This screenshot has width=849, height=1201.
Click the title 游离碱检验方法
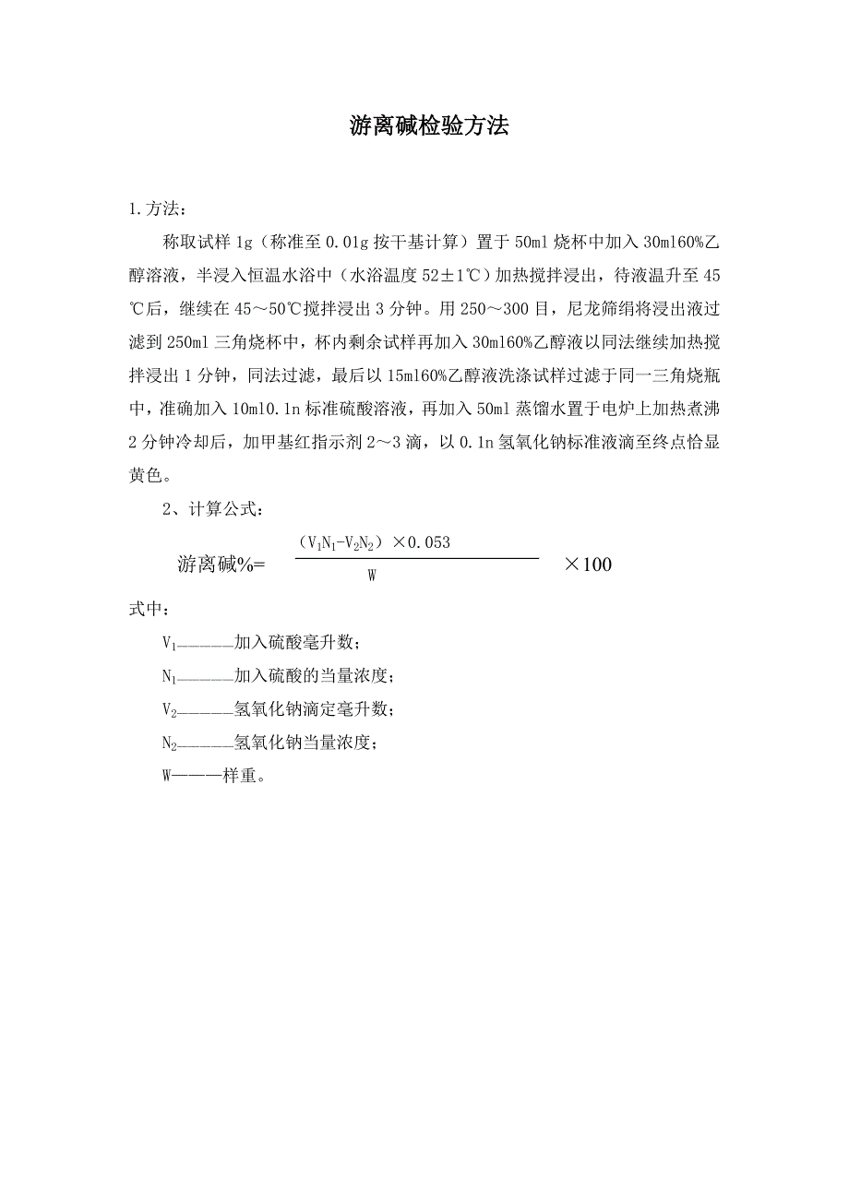pyautogui.click(x=429, y=127)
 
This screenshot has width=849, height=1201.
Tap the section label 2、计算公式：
pyautogui.click(x=215, y=509)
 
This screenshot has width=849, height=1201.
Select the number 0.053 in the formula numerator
pyautogui.click(x=427, y=542)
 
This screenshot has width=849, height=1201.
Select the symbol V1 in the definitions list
pyautogui.click(x=169, y=643)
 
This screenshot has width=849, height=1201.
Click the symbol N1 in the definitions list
pyautogui.click(x=169, y=677)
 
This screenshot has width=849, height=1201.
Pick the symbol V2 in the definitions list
pyautogui.click(x=169, y=710)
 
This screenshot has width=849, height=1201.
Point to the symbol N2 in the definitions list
pyautogui.click(x=169, y=743)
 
